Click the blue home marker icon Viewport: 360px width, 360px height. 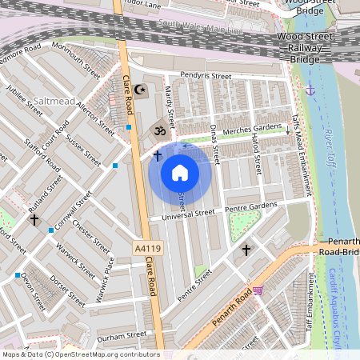[x=180, y=172]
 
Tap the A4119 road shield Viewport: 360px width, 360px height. [x=146, y=250]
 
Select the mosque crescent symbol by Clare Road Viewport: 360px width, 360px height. [x=141, y=89]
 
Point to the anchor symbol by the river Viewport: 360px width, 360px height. [x=311, y=89]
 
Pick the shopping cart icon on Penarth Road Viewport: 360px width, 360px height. [x=258, y=290]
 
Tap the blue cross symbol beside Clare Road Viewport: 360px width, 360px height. [x=158, y=154]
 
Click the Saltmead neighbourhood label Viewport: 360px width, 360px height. [x=55, y=102]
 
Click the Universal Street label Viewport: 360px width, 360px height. [x=188, y=214]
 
